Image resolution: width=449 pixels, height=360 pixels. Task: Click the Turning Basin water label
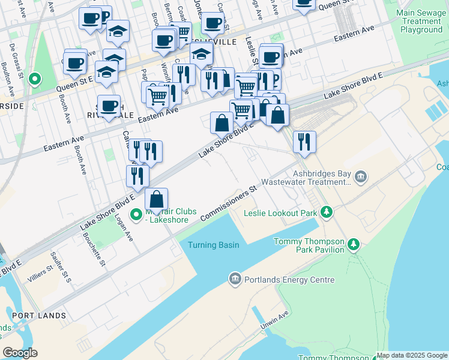(x=213, y=245)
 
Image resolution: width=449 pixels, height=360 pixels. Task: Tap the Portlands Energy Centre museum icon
(x=234, y=278)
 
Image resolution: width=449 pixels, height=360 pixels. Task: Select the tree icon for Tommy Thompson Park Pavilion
(x=354, y=244)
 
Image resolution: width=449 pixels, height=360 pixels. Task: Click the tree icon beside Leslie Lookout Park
(x=326, y=212)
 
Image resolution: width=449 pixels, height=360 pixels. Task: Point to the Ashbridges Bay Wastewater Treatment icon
(x=360, y=176)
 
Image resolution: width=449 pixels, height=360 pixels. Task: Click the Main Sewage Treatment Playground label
(x=421, y=21)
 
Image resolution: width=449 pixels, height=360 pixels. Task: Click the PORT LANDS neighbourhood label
(x=38, y=316)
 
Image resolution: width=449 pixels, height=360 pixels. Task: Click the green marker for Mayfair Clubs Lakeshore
(x=136, y=213)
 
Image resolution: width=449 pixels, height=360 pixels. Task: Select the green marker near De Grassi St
(x=35, y=78)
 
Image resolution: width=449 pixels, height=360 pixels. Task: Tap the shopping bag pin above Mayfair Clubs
(x=156, y=200)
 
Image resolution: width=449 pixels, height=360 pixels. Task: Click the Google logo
(x=20, y=352)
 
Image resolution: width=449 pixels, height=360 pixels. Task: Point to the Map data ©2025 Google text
(x=412, y=355)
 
